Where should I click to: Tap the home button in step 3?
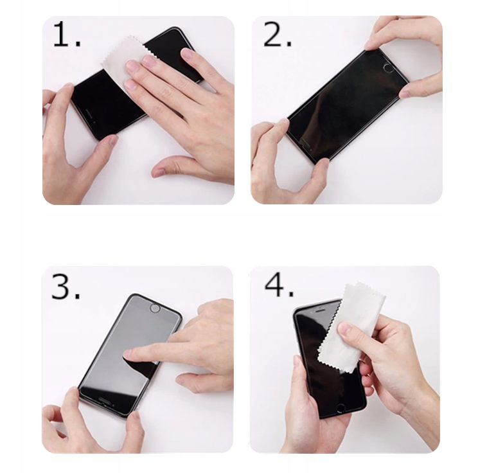[154, 308]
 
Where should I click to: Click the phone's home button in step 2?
[387, 67]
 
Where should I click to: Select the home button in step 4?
[341, 408]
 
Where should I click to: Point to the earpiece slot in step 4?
[320, 310]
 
